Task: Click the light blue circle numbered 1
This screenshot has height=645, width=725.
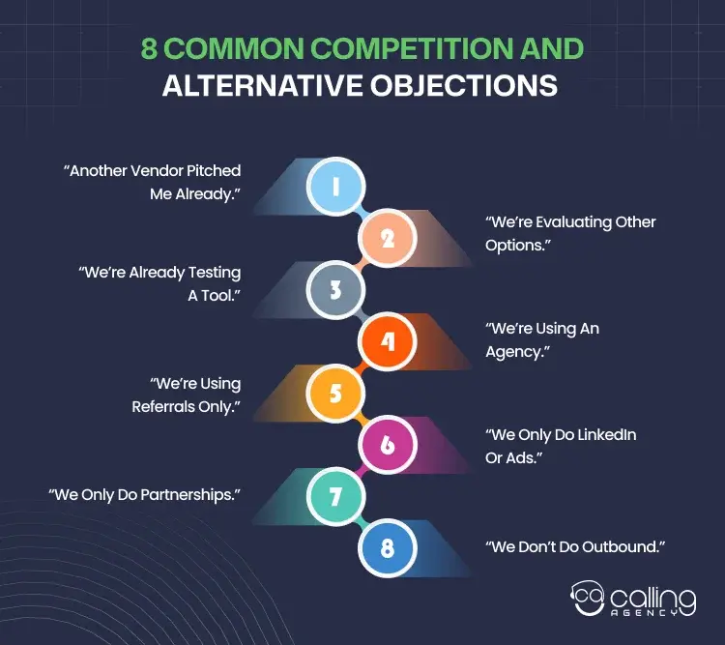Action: click(334, 186)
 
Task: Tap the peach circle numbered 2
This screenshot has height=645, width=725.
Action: click(388, 237)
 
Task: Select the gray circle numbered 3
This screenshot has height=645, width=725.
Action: click(334, 289)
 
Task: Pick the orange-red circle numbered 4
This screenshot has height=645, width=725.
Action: click(388, 341)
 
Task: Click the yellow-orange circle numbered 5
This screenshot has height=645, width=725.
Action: click(334, 394)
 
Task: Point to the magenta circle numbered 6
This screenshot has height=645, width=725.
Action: click(388, 445)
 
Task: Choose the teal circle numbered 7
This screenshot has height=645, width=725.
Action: click(334, 497)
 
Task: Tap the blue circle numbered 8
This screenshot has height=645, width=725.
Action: click(388, 549)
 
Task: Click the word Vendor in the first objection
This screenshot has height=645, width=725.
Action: click(168, 170)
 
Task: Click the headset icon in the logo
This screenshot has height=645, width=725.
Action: click(587, 601)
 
